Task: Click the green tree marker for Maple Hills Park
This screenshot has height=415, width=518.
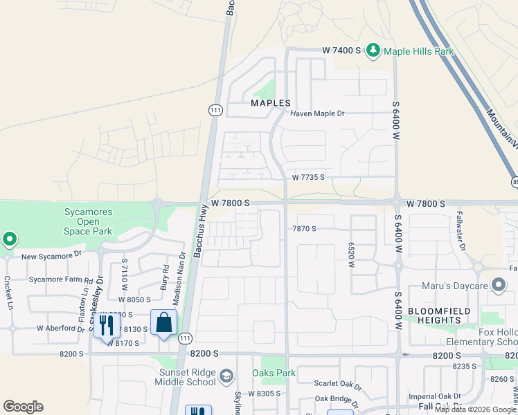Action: point(374,50)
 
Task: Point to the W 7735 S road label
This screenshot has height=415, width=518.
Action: point(308,178)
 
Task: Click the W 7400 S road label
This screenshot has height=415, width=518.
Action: point(341,50)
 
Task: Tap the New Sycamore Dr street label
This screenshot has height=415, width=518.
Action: point(51,256)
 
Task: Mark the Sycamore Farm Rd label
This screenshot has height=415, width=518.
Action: point(60,280)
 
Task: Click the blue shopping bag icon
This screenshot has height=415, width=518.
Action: point(164,323)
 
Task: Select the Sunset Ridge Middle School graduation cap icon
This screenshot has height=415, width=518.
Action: point(226,376)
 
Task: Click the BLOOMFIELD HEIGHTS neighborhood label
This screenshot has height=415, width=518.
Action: point(443,316)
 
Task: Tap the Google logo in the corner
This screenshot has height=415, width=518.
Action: point(23,407)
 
